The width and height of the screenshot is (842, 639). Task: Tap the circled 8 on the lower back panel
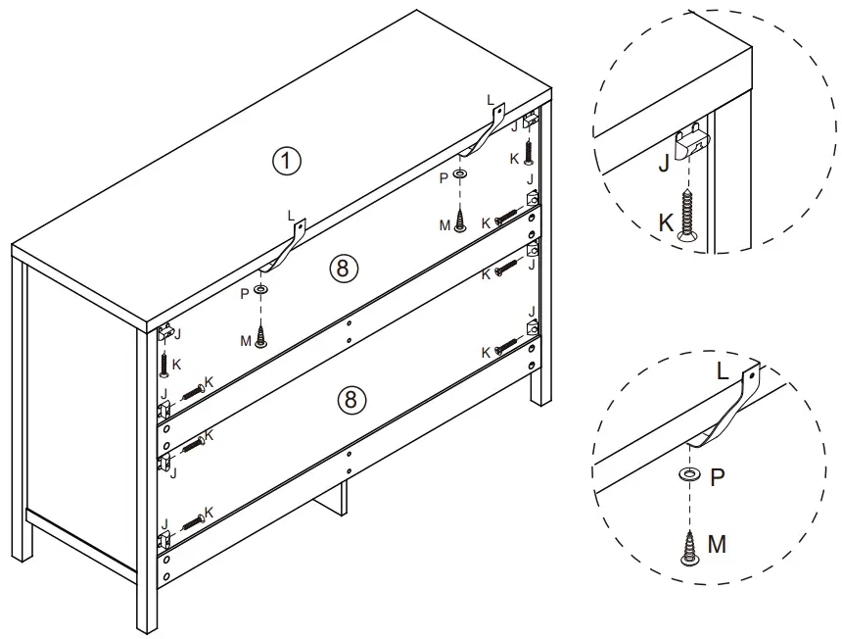coord(352,398)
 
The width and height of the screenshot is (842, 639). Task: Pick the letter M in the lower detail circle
coord(717,543)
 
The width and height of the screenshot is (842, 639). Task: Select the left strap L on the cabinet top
coord(287,246)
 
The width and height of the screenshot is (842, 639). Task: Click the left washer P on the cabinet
coord(261,291)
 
